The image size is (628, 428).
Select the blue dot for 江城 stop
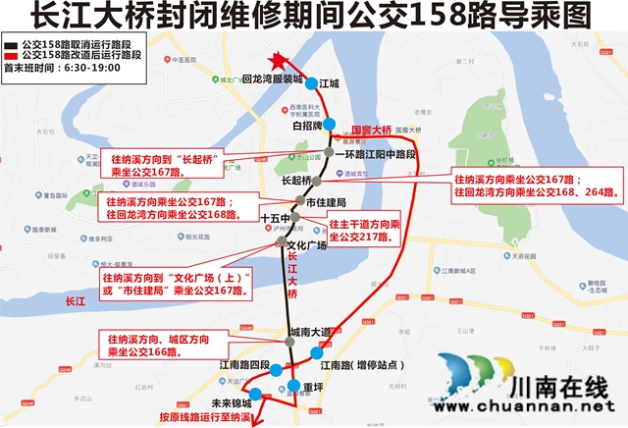point(310,83)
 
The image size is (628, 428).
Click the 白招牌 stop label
point(307,126)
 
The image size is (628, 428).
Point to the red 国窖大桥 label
point(372,129)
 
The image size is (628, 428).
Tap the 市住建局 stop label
point(326,201)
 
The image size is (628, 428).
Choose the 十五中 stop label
point(275,218)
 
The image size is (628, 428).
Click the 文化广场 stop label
point(305,244)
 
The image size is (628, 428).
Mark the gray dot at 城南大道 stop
point(290,342)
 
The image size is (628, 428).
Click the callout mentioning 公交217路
point(364,231)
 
